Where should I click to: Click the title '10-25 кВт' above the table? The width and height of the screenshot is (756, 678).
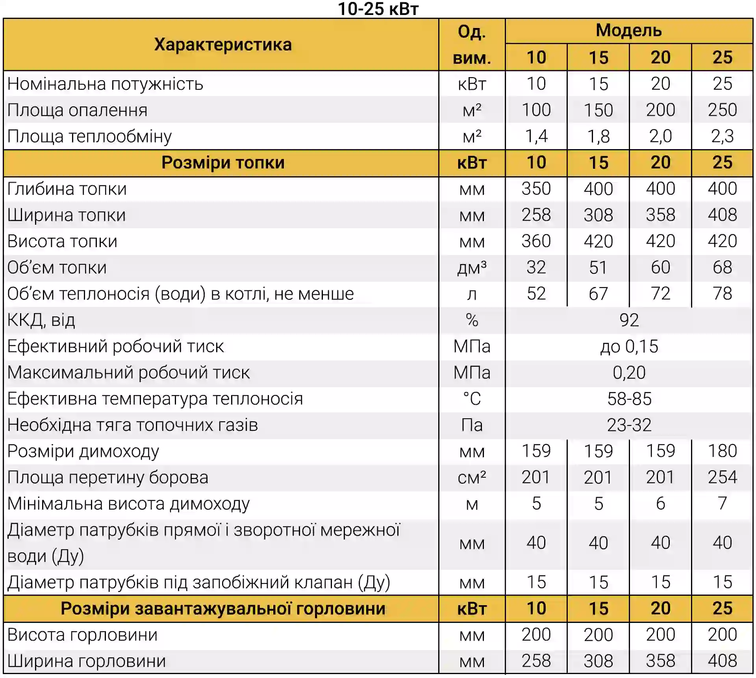tap(378, 9)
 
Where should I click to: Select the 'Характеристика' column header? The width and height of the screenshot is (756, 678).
tap(223, 44)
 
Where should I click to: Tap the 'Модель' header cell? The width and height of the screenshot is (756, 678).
tap(629, 30)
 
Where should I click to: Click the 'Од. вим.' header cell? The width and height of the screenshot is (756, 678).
tap(472, 44)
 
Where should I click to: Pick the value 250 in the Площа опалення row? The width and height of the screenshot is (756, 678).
tap(722, 110)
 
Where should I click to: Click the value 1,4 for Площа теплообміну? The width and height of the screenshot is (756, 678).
tap(536, 136)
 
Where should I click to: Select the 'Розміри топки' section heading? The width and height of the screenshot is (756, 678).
tap(223, 163)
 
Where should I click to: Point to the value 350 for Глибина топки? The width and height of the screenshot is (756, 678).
tap(536, 188)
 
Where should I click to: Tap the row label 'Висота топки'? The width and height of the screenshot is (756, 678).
tap(62, 241)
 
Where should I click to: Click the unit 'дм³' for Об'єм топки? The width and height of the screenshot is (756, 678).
tap(472, 268)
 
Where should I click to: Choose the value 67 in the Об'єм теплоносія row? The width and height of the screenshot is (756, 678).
tap(598, 294)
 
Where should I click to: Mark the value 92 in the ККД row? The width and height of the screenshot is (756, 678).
tap(629, 320)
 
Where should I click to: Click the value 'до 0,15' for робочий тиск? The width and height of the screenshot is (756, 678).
tap(629, 346)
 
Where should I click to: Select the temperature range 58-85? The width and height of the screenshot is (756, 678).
tap(629, 399)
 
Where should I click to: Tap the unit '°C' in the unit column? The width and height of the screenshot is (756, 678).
tap(472, 399)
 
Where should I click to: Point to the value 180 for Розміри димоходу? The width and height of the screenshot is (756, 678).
tap(722, 451)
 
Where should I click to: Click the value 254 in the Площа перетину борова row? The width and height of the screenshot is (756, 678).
tap(722, 477)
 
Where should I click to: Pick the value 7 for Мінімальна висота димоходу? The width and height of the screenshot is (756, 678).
tap(722, 503)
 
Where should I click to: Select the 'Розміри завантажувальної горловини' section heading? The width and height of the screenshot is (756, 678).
tap(223, 608)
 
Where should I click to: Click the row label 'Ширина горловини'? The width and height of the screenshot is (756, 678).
tap(87, 661)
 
